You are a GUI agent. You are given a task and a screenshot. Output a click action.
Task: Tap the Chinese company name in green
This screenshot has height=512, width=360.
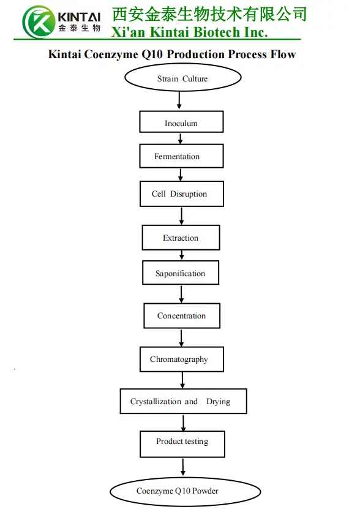click(x=209, y=13)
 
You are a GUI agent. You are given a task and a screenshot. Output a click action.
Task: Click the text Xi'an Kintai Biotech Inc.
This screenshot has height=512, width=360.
click(x=189, y=32)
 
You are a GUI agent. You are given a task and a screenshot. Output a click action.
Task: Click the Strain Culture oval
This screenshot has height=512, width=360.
click(x=182, y=78)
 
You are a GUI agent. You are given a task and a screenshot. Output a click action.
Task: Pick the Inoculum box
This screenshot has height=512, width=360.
click(x=181, y=122)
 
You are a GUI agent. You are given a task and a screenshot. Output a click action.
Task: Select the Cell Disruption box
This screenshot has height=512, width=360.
click(x=181, y=194)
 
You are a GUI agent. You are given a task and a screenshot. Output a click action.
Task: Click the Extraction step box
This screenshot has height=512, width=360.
click(x=181, y=238)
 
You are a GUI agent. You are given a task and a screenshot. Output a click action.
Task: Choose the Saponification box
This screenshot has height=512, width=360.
click(x=180, y=273)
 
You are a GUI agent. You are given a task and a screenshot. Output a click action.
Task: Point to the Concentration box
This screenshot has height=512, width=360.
click(x=181, y=316)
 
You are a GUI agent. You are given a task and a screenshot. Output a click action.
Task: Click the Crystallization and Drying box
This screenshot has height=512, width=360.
click(x=183, y=402)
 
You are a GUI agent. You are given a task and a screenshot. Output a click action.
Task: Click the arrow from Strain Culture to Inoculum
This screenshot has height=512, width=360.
click(x=180, y=101)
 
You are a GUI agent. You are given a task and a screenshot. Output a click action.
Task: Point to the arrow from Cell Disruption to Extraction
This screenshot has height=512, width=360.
click(x=182, y=216)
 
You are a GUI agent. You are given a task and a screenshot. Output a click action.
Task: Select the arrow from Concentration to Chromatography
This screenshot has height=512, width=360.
click(x=181, y=337)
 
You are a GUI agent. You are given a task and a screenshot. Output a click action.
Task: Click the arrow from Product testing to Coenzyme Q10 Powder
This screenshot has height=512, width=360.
click(x=183, y=467)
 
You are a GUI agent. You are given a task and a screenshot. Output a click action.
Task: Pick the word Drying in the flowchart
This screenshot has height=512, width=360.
click(x=218, y=402)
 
